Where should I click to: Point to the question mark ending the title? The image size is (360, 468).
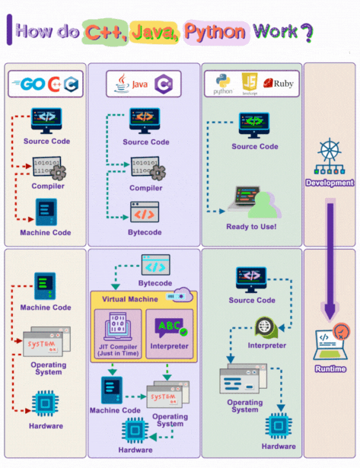(x=305, y=32)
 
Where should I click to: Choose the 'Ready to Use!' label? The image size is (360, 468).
(x=251, y=226)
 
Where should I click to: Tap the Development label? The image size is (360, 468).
(x=329, y=183)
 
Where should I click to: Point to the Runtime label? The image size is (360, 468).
(x=330, y=369)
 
